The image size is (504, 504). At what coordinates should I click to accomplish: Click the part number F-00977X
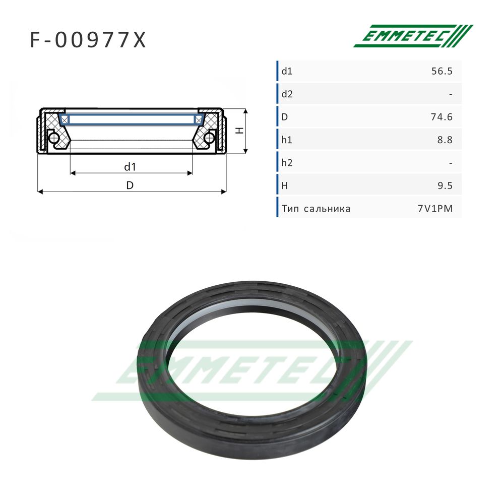coord(88,40)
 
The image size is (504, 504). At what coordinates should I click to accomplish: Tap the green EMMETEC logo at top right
coord(413,36)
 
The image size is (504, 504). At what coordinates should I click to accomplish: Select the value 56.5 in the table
coord(442,71)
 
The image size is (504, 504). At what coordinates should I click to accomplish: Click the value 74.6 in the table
coord(442,117)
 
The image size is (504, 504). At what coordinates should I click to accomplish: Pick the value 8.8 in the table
coord(445,140)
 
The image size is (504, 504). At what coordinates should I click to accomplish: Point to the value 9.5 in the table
coord(445,185)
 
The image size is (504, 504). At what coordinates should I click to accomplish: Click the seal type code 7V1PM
coord(435,209)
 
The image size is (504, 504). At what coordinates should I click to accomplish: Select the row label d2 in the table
coord(287,94)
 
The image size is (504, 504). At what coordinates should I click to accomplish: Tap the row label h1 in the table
coord(286,140)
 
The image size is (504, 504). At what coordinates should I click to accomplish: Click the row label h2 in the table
coord(287,163)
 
